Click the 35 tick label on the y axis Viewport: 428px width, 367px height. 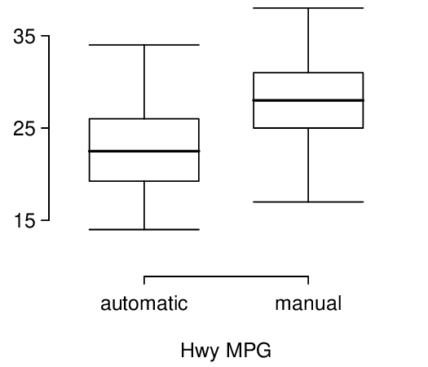[x=24, y=37]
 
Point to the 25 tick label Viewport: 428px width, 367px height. [x=24, y=129]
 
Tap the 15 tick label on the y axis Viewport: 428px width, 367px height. [x=24, y=221]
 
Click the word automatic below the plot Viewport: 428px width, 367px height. [x=144, y=303]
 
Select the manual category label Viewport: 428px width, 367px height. [x=308, y=303]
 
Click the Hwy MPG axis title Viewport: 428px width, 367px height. [x=226, y=351]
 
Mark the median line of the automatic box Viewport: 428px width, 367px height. [x=144, y=151]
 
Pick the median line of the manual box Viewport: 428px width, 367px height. [x=308, y=100]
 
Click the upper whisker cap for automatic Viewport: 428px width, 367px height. [x=144, y=45]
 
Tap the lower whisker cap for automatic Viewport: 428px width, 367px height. [x=144, y=230]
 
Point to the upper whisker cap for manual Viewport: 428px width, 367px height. [x=308, y=8]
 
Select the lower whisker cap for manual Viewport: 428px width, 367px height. [x=308, y=202]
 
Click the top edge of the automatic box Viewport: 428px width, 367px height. [x=144, y=119]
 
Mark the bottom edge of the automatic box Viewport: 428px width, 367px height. [x=144, y=181]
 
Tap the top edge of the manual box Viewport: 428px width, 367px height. [x=308, y=73]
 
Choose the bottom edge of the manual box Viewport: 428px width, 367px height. [x=308, y=128]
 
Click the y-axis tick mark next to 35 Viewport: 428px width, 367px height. [x=45, y=36]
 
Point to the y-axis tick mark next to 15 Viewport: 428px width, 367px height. [x=45, y=220]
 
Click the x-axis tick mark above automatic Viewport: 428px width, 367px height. [x=144, y=281]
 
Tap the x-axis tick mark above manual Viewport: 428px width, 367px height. [x=308, y=281]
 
